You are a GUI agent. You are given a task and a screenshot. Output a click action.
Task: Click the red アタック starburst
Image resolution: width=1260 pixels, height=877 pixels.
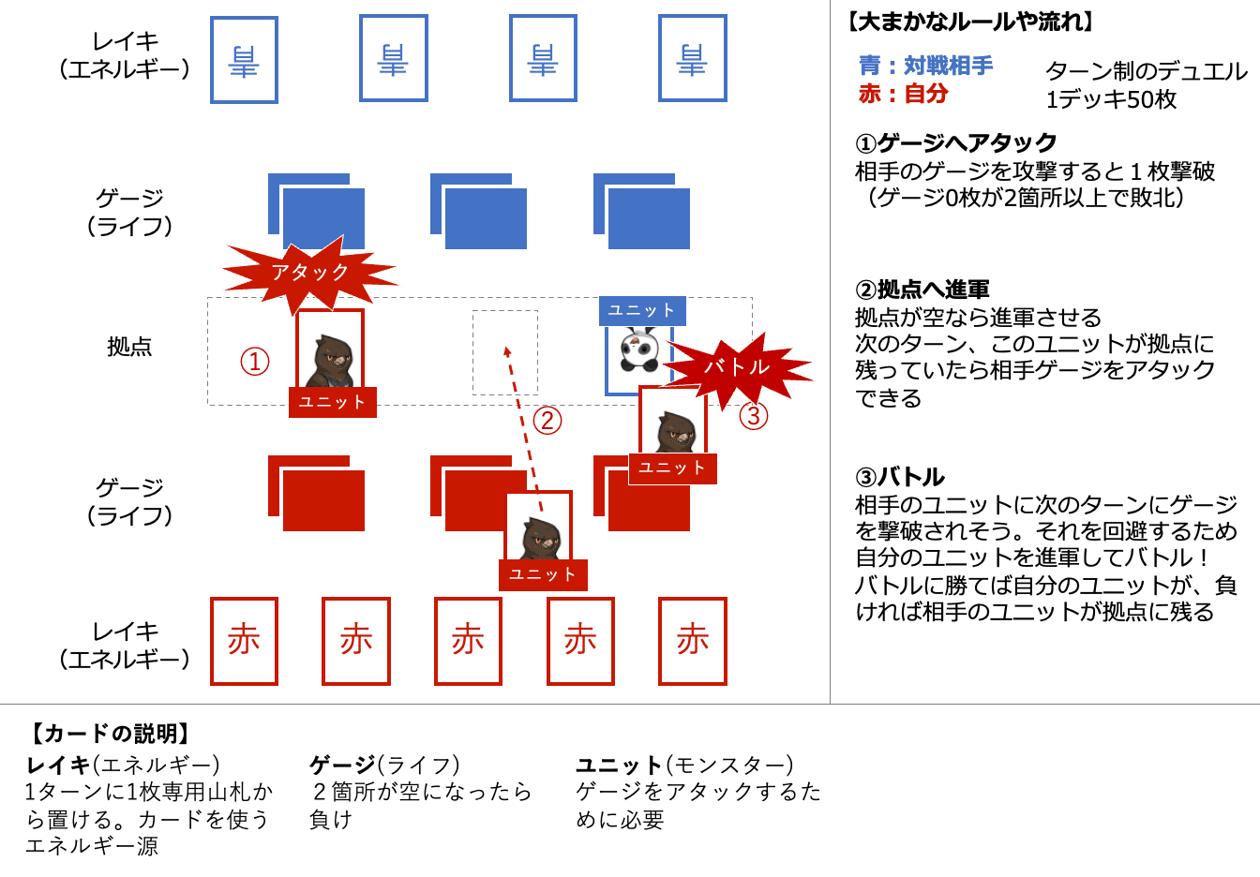(x=309, y=273)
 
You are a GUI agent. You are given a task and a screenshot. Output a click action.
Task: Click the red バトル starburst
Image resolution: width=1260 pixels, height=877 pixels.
(x=737, y=367)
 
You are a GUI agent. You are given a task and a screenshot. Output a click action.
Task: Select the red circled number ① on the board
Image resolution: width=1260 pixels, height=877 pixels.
(x=255, y=362)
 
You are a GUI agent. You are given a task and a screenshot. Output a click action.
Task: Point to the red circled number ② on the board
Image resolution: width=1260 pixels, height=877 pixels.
(x=547, y=421)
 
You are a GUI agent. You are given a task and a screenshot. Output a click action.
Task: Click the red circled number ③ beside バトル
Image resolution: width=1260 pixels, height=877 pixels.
(x=754, y=415)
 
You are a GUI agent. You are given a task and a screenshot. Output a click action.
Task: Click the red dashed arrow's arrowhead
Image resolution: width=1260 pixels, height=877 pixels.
(x=507, y=351)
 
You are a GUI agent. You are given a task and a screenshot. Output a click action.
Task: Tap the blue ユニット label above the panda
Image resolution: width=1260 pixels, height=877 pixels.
(x=642, y=310)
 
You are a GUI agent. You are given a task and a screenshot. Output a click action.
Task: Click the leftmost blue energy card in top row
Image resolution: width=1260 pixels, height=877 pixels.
(x=244, y=60)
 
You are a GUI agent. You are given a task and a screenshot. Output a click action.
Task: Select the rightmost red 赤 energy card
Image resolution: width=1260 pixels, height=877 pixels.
(x=693, y=641)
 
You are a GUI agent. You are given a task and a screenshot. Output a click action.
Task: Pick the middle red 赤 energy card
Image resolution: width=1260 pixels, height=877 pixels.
(x=468, y=641)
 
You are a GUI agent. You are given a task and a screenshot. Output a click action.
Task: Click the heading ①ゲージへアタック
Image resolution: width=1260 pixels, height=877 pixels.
(x=955, y=143)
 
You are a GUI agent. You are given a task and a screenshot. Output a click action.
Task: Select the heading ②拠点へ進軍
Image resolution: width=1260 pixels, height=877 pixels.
(x=922, y=290)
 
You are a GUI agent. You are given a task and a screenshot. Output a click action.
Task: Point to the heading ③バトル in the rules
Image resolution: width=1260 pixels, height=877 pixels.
(x=899, y=477)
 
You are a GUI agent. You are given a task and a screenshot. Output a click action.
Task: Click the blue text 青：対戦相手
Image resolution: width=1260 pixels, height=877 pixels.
(x=925, y=66)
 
